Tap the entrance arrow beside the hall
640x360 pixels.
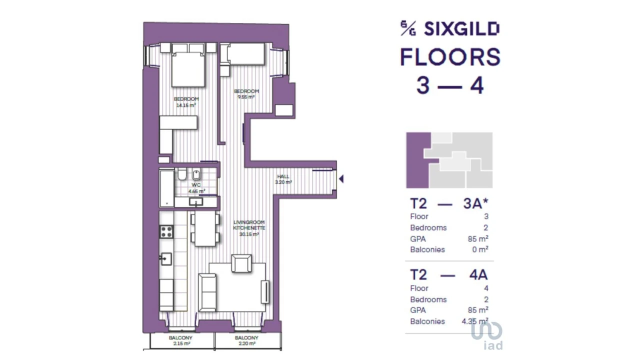tap(341, 178)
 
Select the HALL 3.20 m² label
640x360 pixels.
tap(283, 179)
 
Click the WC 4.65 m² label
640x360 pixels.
tap(196, 188)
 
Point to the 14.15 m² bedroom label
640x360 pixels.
tap(186, 102)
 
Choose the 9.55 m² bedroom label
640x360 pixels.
tap(246, 94)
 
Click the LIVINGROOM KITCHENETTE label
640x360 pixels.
tap(248, 228)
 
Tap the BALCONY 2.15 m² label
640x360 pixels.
tap(180, 341)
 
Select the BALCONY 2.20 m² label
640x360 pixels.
tap(246, 341)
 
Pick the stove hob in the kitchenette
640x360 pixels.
tap(166, 231)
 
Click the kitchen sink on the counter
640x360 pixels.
tap(166, 259)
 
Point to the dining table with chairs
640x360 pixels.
tap(205, 229)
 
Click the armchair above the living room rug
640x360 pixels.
tap(241, 263)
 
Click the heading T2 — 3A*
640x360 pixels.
tap(449, 203)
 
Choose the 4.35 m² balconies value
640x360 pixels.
tap(474, 321)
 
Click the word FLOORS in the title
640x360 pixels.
tap(450, 57)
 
